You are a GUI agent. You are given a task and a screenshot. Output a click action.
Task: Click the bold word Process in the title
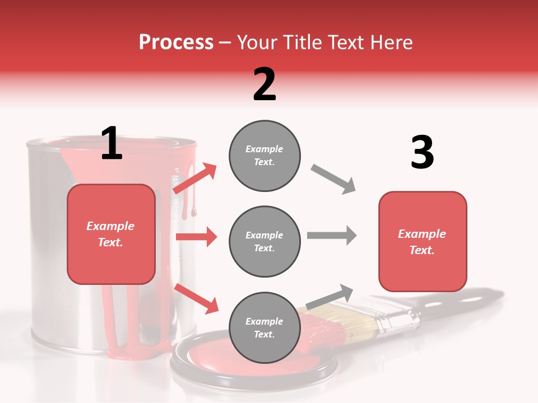click(176, 42)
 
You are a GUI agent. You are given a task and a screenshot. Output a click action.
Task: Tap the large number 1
click(112, 143)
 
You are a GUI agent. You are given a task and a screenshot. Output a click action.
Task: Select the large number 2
click(265, 85)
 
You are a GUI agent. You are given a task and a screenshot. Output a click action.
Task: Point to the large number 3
click(422, 153)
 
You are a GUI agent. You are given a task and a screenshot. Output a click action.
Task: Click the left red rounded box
click(111, 234)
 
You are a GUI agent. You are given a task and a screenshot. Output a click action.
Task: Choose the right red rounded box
click(423, 241)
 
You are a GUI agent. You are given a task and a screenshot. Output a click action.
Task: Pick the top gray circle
click(265, 156)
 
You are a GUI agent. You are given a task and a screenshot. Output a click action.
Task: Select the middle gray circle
click(265, 241)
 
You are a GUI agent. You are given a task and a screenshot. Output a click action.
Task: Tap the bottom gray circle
click(265, 327)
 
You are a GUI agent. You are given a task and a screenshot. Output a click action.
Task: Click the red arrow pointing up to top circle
click(195, 179)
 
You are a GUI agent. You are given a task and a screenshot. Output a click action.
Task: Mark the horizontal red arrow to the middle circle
click(196, 237)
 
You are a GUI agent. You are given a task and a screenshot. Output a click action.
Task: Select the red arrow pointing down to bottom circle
click(197, 298)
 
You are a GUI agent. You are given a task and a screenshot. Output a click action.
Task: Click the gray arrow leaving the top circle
click(333, 179)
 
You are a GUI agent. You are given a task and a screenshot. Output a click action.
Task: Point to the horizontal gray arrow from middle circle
click(331, 236)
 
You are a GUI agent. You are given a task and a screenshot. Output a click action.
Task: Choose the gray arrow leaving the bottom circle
click(330, 297)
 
